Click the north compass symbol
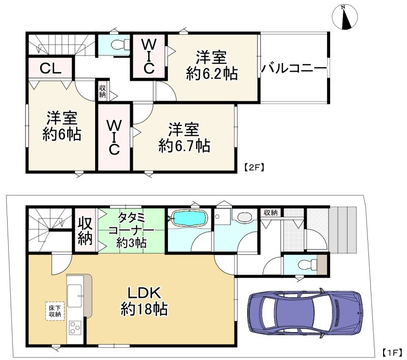click(x=345, y=17)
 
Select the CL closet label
click(x=51, y=68)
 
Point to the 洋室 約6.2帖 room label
click(x=212, y=65)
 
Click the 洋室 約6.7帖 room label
click(x=184, y=137)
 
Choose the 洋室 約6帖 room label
click(x=62, y=127)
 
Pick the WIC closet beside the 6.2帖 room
click(x=149, y=56)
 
